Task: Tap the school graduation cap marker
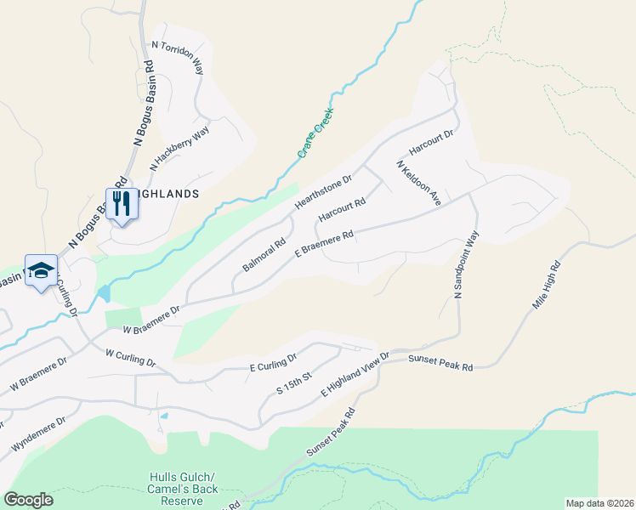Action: (41, 271)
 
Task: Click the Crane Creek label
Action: (315, 133)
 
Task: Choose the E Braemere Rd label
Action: (324, 243)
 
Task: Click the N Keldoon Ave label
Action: (417, 184)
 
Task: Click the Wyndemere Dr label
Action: (37, 434)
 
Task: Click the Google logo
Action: (28, 500)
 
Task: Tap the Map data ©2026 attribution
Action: (599, 503)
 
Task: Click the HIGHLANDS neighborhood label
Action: (168, 194)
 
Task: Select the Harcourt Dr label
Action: (431, 142)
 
